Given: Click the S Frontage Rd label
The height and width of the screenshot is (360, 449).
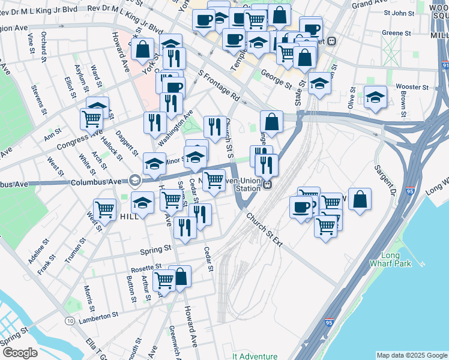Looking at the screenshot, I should pyautogui.click(x=219, y=88).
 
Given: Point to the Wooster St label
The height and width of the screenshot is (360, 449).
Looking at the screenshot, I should pyautogui.click(x=413, y=87).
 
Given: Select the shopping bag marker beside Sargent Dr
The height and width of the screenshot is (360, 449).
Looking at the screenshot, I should pyautogui.click(x=359, y=200).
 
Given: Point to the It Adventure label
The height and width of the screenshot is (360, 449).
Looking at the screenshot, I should pyautogui.click(x=255, y=356).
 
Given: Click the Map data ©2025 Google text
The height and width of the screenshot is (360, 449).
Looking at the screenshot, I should pyautogui.click(x=411, y=355).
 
